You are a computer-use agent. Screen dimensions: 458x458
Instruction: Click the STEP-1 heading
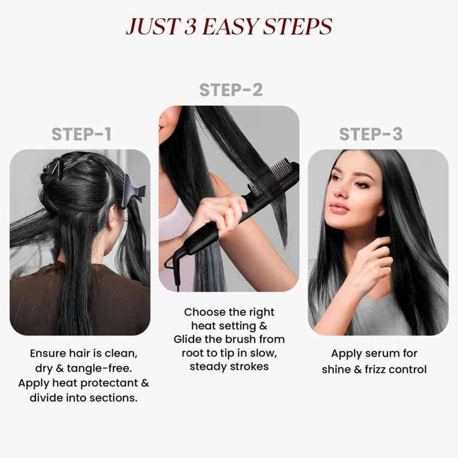[x=81, y=135]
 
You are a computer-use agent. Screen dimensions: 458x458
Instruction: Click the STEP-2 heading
[x=231, y=90]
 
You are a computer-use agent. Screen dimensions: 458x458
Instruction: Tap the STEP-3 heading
[x=370, y=135]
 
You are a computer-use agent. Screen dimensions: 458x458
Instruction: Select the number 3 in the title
[x=190, y=26]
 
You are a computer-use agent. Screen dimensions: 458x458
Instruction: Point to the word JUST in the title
[x=152, y=26]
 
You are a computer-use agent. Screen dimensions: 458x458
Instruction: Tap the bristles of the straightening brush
[x=273, y=179]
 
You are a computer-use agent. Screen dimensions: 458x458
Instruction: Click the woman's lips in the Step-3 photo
[x=339, y=208]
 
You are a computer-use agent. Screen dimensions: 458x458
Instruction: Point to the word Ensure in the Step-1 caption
[x=48, y=353]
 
